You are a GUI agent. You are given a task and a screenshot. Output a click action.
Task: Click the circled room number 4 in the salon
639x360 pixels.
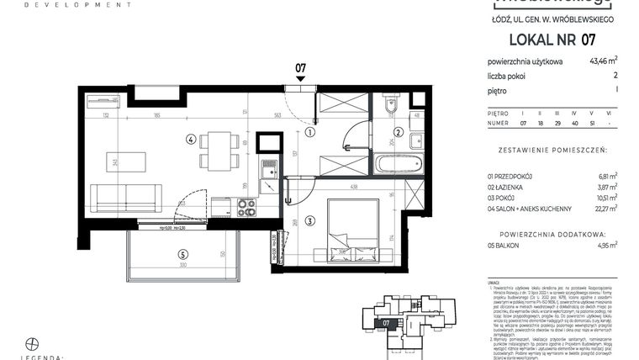192,140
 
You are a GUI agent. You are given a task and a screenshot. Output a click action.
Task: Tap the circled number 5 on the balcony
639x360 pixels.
182,253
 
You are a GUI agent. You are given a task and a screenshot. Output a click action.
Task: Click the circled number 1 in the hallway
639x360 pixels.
310,132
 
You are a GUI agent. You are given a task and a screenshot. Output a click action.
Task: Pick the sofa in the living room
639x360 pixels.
125,198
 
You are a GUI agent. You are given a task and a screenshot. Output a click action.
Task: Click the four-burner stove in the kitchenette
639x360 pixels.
246,207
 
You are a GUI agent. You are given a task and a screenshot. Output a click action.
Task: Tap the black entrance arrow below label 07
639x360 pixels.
300,78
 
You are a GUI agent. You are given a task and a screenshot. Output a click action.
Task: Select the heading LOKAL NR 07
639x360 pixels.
552,40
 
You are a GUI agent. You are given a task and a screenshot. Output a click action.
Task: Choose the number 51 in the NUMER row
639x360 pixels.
592,123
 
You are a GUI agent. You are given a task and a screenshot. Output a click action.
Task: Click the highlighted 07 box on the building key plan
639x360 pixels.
386,322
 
